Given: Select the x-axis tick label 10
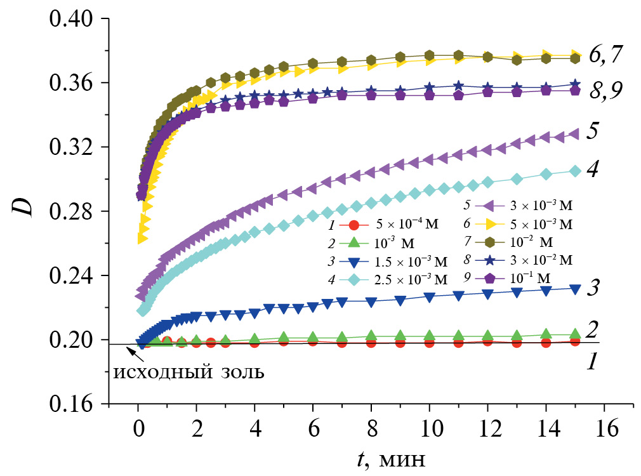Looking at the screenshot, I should [430, 429].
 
